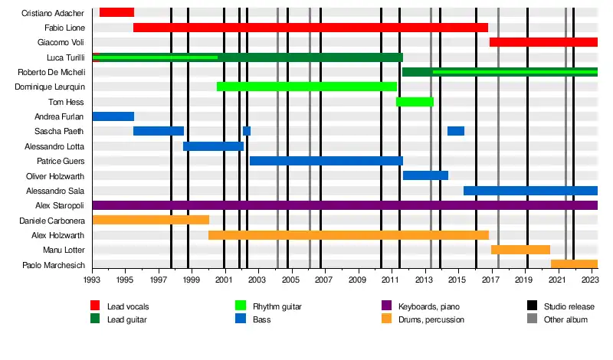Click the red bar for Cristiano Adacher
pos(116,12)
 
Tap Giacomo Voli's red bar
pos(543,42)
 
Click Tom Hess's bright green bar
pos(415,102)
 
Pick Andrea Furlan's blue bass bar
pos(113,116)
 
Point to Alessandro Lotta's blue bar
pos(213,146)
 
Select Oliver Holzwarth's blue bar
pos(425,175)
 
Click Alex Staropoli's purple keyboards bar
pos(345,205)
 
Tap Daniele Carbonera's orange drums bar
pos(150,220)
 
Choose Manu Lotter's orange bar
pos(520,250)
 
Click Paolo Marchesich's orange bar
pos(574,264)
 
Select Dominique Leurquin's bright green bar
pos(306,87)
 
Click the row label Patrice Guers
pos(61,161)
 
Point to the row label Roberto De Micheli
pos(51,72)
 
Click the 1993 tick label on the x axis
pos(92,281)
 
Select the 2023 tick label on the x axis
pos(590,281)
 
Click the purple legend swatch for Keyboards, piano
pos(386,306)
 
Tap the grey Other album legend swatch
pos(532,319)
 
